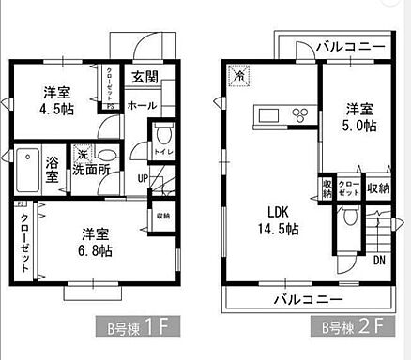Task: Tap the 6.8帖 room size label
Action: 96,251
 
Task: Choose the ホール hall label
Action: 141,105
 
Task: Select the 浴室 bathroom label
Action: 53,168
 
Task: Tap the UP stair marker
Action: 143,178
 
